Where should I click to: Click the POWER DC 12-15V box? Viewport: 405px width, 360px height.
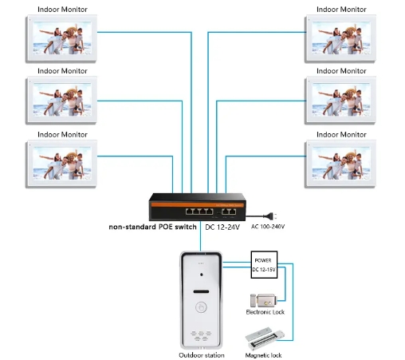[264, 265]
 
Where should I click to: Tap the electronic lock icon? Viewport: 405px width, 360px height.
[263, 301]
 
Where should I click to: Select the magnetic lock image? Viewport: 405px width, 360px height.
[265, 338]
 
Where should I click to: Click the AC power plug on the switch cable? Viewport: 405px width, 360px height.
[271, 216]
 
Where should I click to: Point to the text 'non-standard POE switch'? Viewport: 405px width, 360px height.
[152, 227]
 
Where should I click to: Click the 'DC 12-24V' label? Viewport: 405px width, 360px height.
[222, 227]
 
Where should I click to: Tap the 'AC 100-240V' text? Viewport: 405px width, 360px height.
[268, 227]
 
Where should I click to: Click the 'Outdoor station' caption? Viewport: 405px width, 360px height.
[202, 355]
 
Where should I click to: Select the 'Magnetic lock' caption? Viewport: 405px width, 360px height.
[263, 355]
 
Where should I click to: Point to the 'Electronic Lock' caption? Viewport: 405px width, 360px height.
[265, 312]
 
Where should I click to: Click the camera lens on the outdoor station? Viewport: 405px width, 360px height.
[201, 275]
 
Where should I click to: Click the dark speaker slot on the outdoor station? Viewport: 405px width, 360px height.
[201, 291]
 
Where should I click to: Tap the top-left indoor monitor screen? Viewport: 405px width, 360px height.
[62, 38]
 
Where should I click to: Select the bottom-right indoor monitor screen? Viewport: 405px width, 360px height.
[341, 163]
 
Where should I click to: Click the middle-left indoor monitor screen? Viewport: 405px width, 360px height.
[62, 100]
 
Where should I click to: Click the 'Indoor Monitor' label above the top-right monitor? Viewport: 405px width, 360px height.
[341, 10]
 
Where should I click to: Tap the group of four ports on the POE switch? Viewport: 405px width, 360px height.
[199, 212]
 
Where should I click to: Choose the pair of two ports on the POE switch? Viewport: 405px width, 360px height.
[229, 212]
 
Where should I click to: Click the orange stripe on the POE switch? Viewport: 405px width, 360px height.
[197, 205]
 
